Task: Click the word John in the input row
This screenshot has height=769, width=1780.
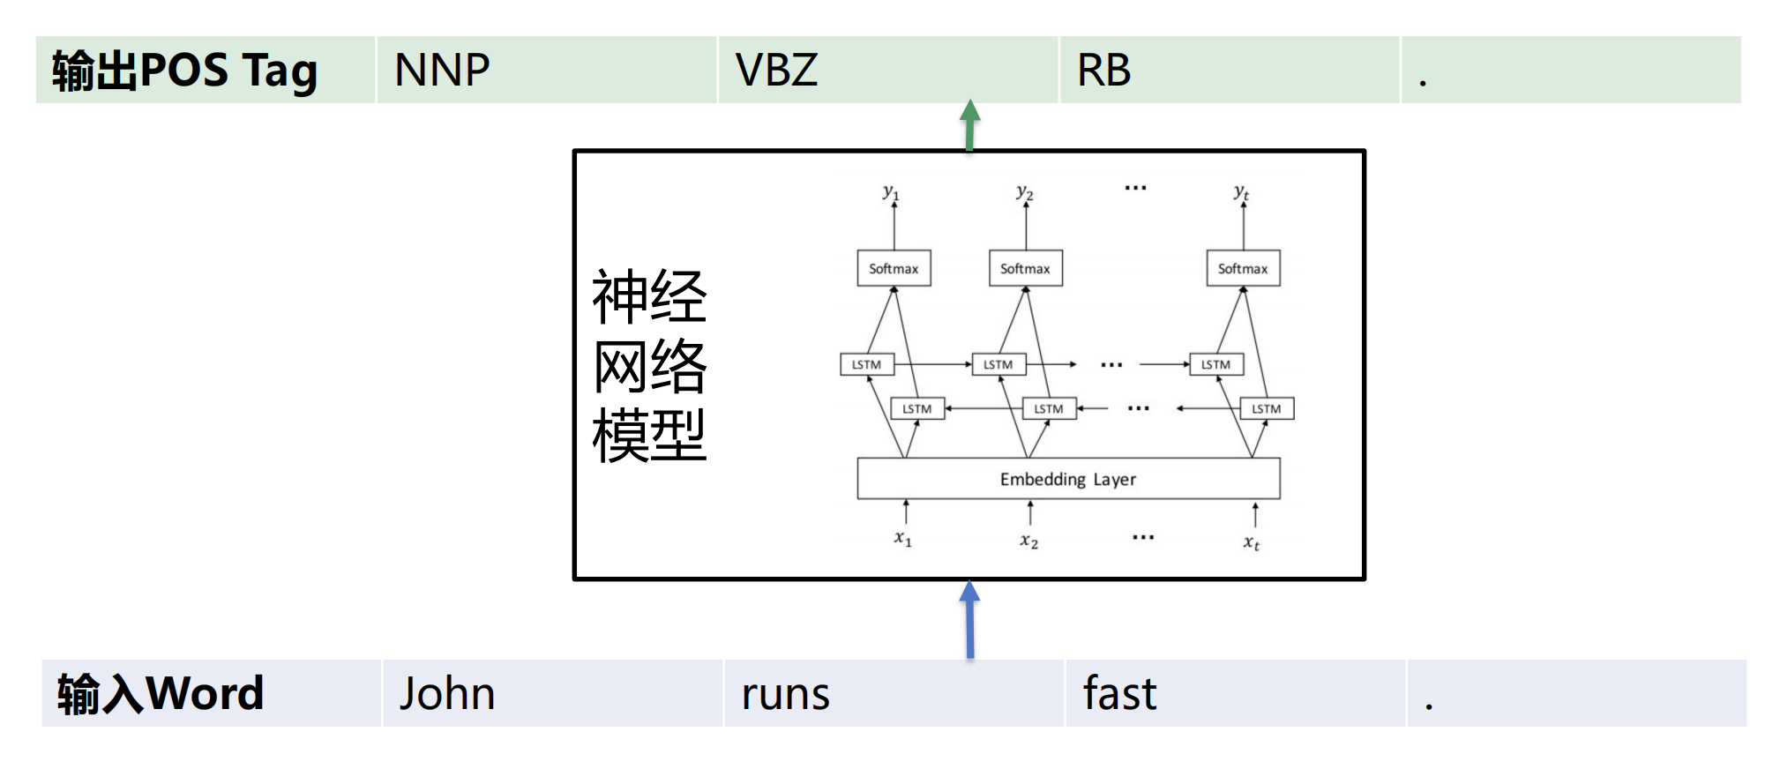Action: point(447,693)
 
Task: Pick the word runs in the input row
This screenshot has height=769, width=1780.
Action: point(786,694)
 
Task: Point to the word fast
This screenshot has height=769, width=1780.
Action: point(1119,693)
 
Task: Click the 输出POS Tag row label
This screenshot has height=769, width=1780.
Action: point(184,71)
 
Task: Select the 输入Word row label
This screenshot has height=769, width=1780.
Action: point(161,693)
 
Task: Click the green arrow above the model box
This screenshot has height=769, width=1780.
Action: point(969,124)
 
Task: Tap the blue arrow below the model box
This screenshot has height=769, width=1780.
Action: point(969,619)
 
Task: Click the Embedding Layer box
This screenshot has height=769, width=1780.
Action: point(1068,479)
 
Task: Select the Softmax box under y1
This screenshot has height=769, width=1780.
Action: point(894,268)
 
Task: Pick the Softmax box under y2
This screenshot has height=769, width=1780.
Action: point(1025,268)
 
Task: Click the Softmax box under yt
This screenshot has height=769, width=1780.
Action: point(1243,268)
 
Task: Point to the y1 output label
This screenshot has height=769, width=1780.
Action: point(891,191)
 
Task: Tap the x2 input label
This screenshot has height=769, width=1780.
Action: point(1029,541)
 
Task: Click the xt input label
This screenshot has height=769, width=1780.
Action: point(1252,542)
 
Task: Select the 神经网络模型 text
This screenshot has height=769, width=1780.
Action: point(649,365)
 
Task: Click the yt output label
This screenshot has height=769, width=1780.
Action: point(1241,191)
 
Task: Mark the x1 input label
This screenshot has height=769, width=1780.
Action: point(903,538)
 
